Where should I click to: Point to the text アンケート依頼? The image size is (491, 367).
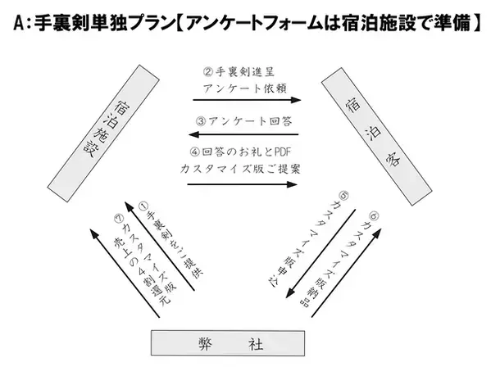(x=243, y=87)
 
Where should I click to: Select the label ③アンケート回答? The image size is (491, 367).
(x=243, y=120)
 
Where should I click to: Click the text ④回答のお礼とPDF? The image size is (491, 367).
(x=243, y=153)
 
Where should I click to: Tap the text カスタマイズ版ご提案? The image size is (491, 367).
(x=243, y=170)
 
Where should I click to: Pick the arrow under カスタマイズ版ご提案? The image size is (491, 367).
(x=243, y=184)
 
